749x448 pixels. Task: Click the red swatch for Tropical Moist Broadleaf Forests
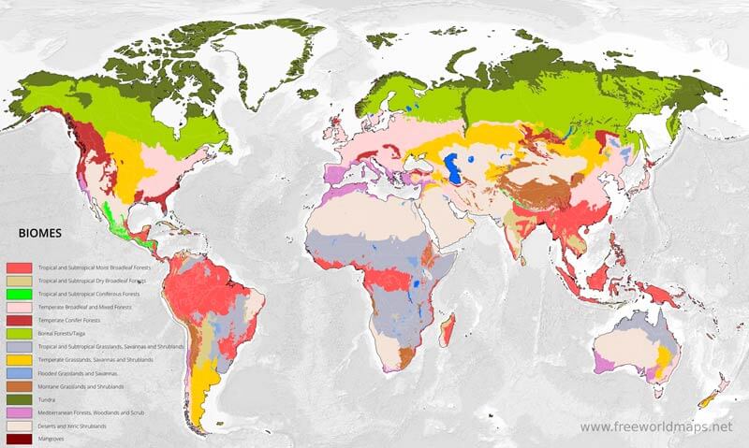click(x=19, y=267)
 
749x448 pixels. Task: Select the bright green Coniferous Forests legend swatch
click(x=19, y=294)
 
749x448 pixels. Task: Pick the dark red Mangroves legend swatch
click(x=19, y=439)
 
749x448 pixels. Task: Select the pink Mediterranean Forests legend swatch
click(x=19, y=412)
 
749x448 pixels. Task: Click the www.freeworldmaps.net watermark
click(x=655, y=426)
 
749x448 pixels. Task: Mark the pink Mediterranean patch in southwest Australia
click(x=603, y=360)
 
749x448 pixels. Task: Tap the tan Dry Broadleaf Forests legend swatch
click(x=19, y=281)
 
